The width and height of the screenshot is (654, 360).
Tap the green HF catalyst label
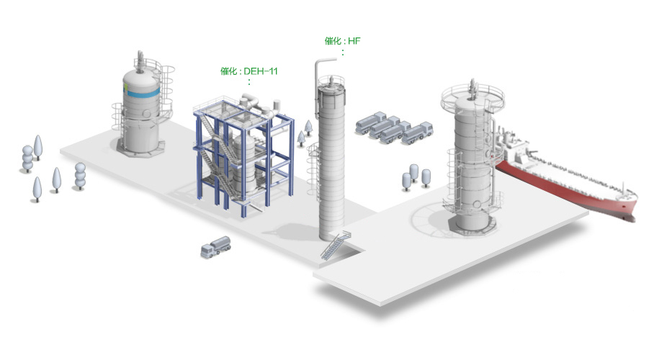(342, 41)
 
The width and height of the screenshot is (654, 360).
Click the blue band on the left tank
(141, 92)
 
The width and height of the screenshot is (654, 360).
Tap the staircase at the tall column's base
(336, 246)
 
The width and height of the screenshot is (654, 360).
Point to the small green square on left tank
(125, 86)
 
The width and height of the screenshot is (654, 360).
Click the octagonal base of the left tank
(140, 149)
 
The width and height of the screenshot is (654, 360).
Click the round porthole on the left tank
(146, 113)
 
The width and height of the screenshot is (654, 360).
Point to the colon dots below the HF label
(343, 53)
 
